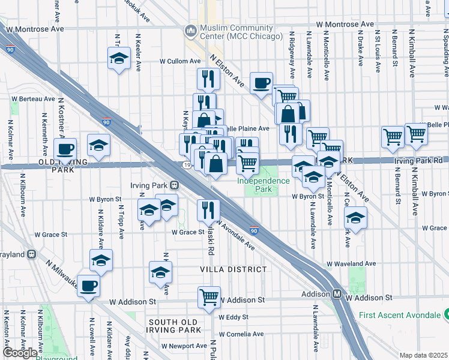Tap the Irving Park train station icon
tap(174, 185)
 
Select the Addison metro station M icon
tap(337, 294)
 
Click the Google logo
tap(20, 353)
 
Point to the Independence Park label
tap(263, 185)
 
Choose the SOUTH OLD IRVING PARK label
tap(175, 326)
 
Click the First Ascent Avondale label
tap(400, 315)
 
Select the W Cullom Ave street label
tap(180, 61)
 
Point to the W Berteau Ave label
tap(34, 98)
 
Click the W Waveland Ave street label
tap(351, 263)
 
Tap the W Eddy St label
tap(234, 317)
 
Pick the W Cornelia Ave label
tap(241, 334)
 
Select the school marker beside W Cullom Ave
tap(119, 59)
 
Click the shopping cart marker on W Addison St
tap(208, 296)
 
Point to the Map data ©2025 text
tap(423, 355)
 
